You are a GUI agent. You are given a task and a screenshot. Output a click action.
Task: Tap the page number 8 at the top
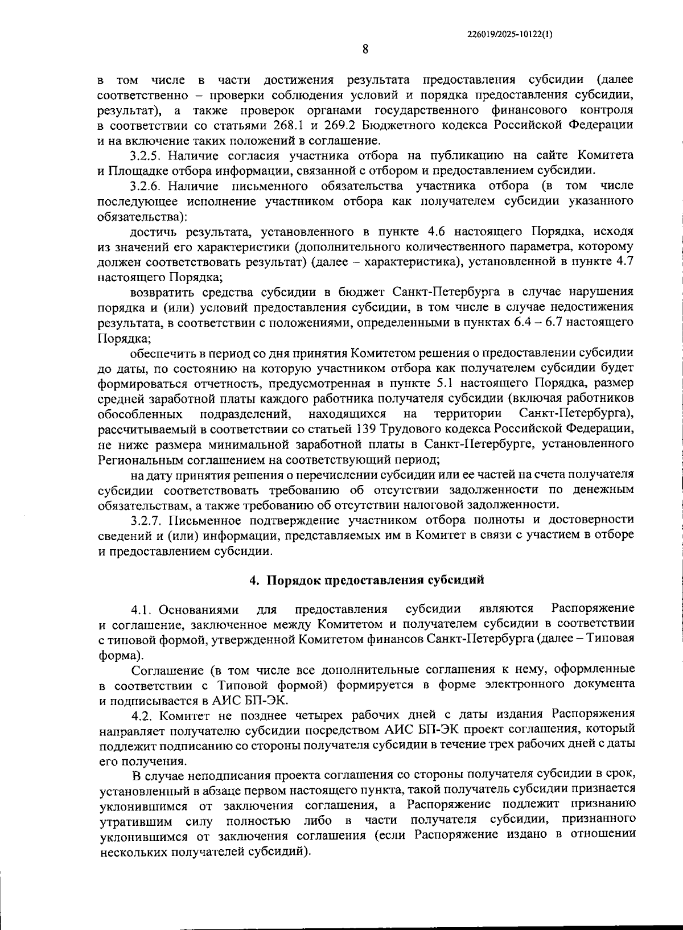(365, 50)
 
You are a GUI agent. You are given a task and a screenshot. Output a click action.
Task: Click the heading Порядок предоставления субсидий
(376, 580)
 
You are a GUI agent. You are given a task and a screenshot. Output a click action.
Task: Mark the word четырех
(308, 714)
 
